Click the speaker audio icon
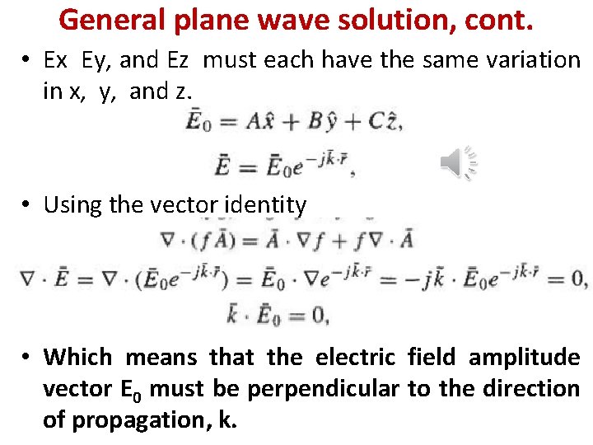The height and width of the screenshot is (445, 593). [459, 162]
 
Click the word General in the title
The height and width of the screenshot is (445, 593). [112, 19]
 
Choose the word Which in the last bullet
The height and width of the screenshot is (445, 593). [78, 357]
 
